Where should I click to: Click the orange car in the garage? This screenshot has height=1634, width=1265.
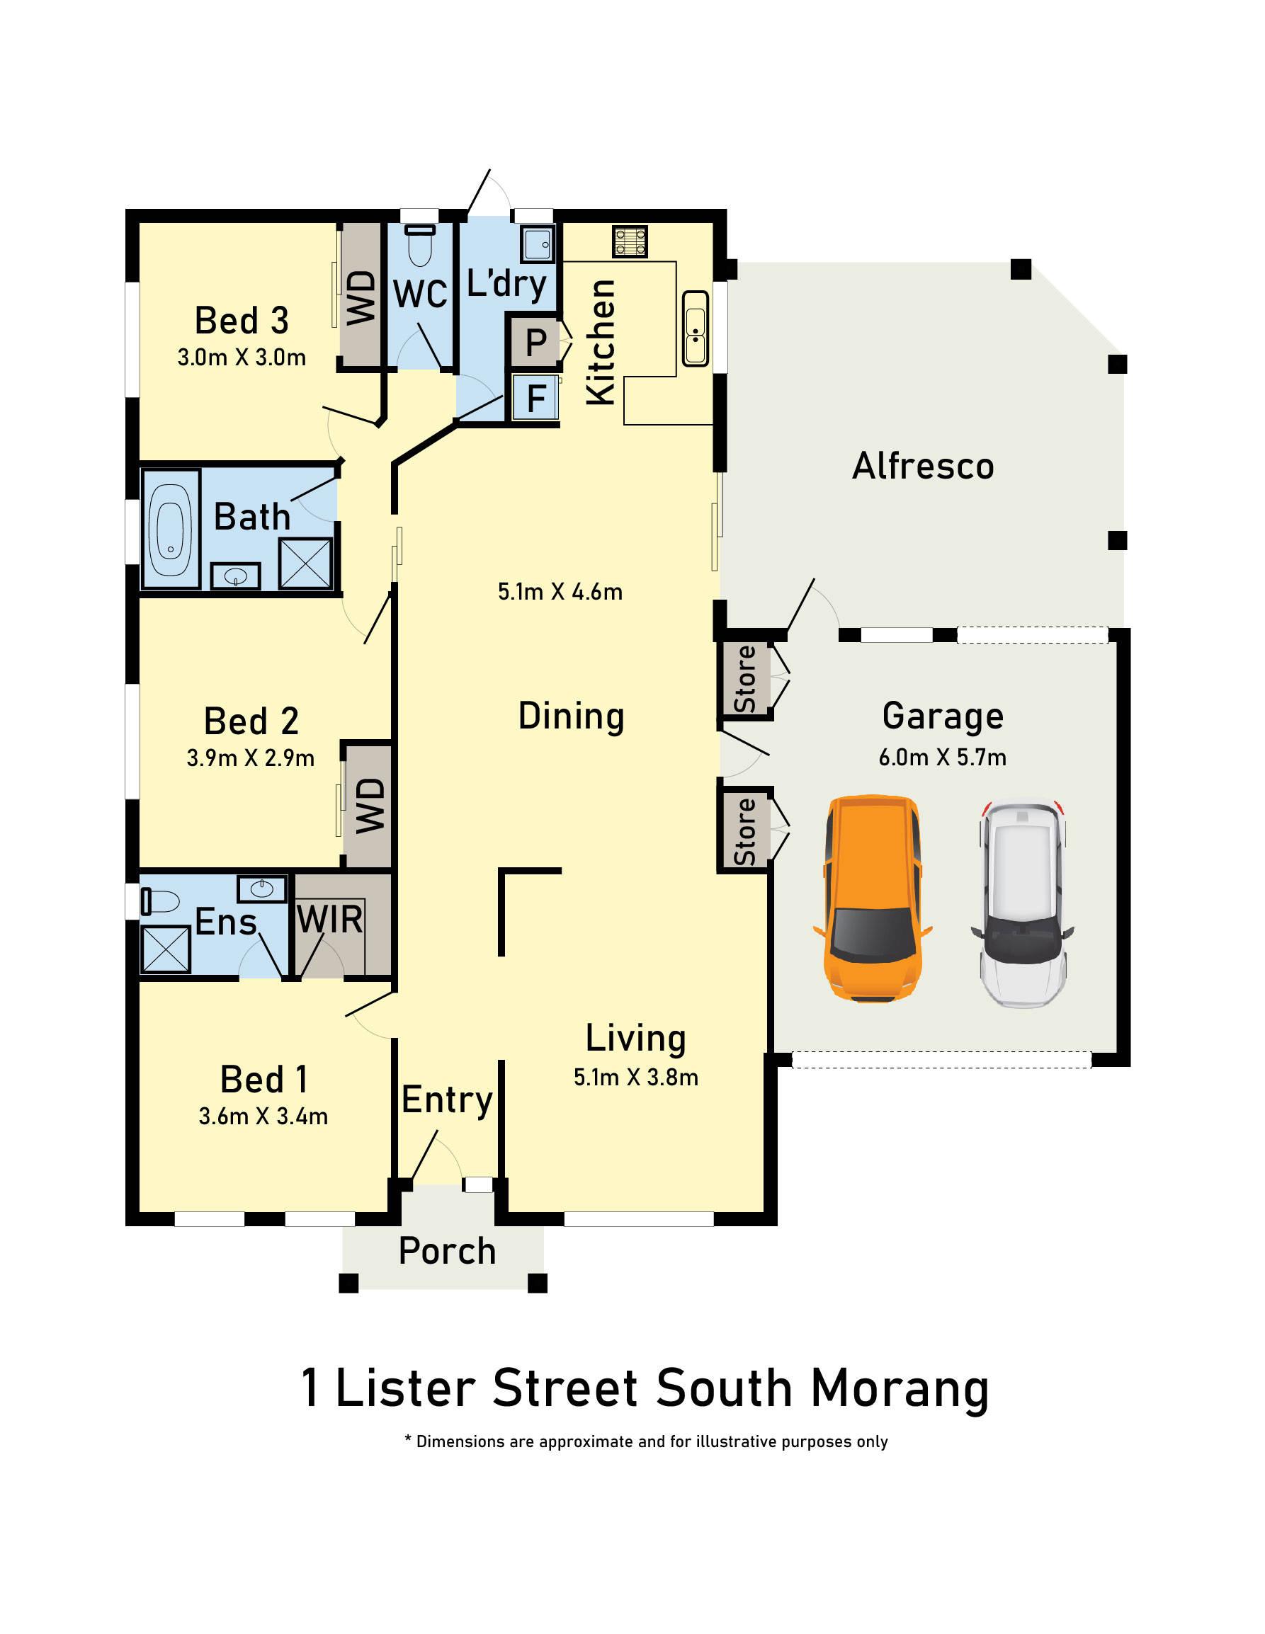point(873,898)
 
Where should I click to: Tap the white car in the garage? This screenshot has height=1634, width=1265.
point(1023,905)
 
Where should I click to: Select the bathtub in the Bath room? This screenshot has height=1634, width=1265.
point(171,528)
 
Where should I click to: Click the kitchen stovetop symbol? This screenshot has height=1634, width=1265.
point(630,241)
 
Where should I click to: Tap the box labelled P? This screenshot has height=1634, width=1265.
point(535,343)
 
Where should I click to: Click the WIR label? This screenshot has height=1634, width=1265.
point(330,920)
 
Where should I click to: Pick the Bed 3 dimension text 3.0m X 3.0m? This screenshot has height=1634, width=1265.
point(241,358)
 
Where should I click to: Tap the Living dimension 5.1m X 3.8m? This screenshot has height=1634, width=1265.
point(635,1078)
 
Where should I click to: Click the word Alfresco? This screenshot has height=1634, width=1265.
point(923,466)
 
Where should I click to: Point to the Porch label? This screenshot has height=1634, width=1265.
point(447,1251)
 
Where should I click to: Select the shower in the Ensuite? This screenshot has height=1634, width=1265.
point(166,949)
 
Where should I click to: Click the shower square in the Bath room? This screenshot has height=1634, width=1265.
point(305,563)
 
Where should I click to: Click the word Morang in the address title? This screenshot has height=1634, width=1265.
point(900,1389)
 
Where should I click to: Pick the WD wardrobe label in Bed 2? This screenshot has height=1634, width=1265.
point(370,805)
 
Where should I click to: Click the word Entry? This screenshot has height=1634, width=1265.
point(447,1099)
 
